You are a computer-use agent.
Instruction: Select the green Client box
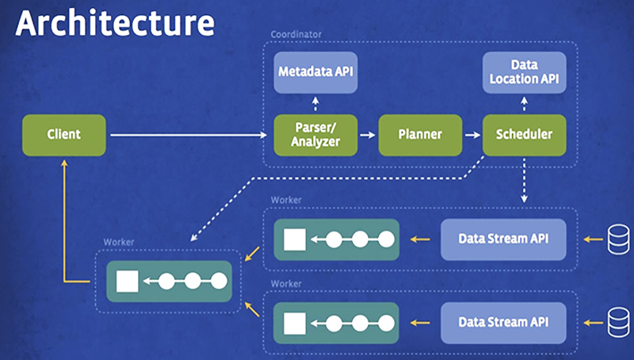tap(63, 135)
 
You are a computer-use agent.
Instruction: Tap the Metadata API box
tap(315, 72)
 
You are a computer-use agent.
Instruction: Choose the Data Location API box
tap(525, 72)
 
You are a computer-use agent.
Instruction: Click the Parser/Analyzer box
tap(315, 135)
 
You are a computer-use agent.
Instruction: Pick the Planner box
tap(420, 135)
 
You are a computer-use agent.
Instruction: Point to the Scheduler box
tap(525, 135)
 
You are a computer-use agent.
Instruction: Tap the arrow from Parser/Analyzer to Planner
tap(367, 136)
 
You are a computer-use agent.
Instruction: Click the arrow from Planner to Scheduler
tap(472, 136)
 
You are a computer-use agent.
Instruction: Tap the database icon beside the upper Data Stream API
tap(618, 238)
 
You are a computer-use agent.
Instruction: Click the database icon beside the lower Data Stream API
tap(618, 322)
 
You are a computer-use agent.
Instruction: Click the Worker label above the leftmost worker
tap(118, 241)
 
